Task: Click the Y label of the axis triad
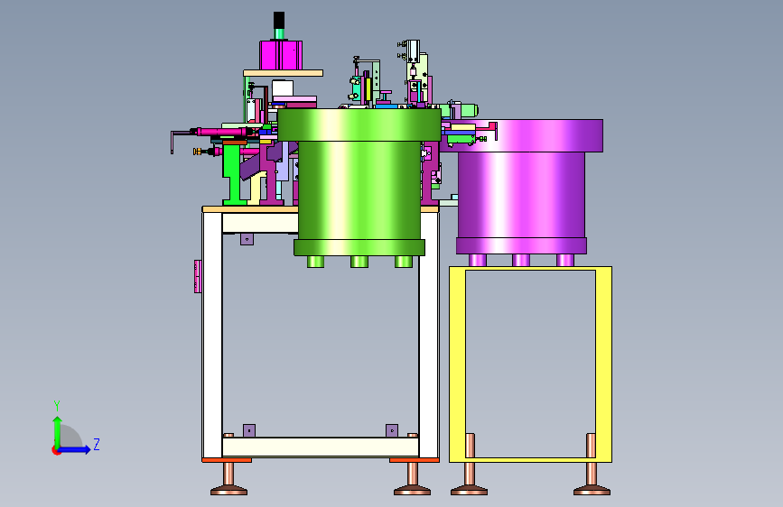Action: tap(57, 405)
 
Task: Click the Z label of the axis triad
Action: tap(97, 444)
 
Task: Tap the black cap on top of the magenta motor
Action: tap(279, 20)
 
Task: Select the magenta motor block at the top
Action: tap(281, 55)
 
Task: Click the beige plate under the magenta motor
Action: tap(284, 73)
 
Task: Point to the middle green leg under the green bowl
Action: tap(359, 262)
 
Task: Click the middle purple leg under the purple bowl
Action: tap(521, 260)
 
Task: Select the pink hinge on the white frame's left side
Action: tap(198, 276)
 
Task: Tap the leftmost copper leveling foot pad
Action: tap(228, 492)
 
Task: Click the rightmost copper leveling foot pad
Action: tap(592, 492)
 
